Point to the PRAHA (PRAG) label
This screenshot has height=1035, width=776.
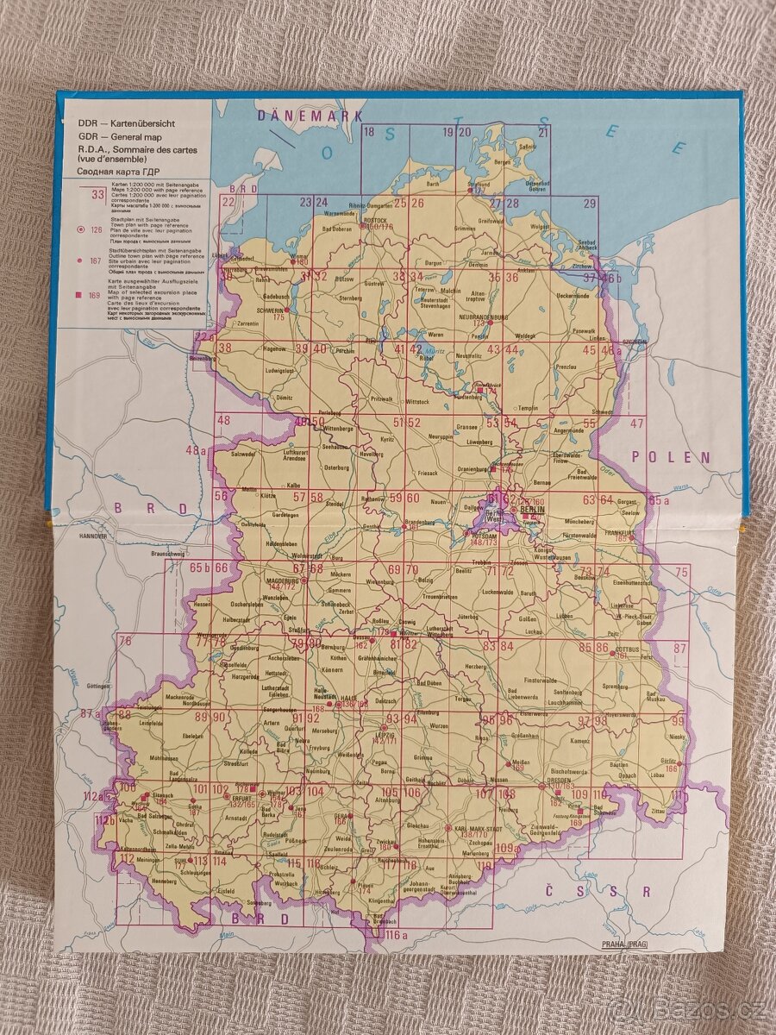tap(625, 945)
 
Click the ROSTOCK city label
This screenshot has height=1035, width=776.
tap(375, 219)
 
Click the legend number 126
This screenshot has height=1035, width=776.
tap(96, 230)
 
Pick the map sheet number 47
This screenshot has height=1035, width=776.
tap(637, 423)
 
